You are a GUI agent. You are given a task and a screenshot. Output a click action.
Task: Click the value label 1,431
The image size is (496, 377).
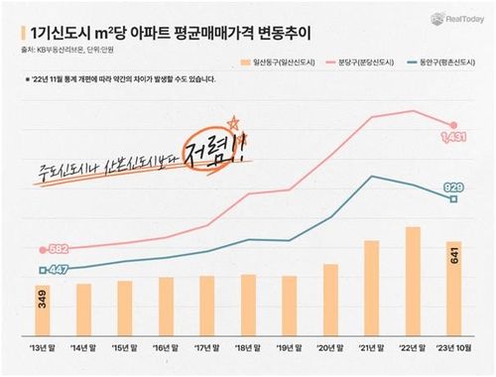tap(452, 135)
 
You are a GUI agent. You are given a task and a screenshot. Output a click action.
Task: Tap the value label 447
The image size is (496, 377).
tap(58, 269)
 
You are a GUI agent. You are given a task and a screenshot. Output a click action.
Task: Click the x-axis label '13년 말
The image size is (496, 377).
tap(43, 349)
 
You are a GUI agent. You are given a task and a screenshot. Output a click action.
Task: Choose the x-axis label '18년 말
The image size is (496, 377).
tap(248, 349)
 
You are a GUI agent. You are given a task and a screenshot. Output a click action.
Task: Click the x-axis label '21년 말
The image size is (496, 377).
tap(371, 349)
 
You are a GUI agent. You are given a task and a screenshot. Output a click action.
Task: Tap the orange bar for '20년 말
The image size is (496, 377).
tap(330, 301)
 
